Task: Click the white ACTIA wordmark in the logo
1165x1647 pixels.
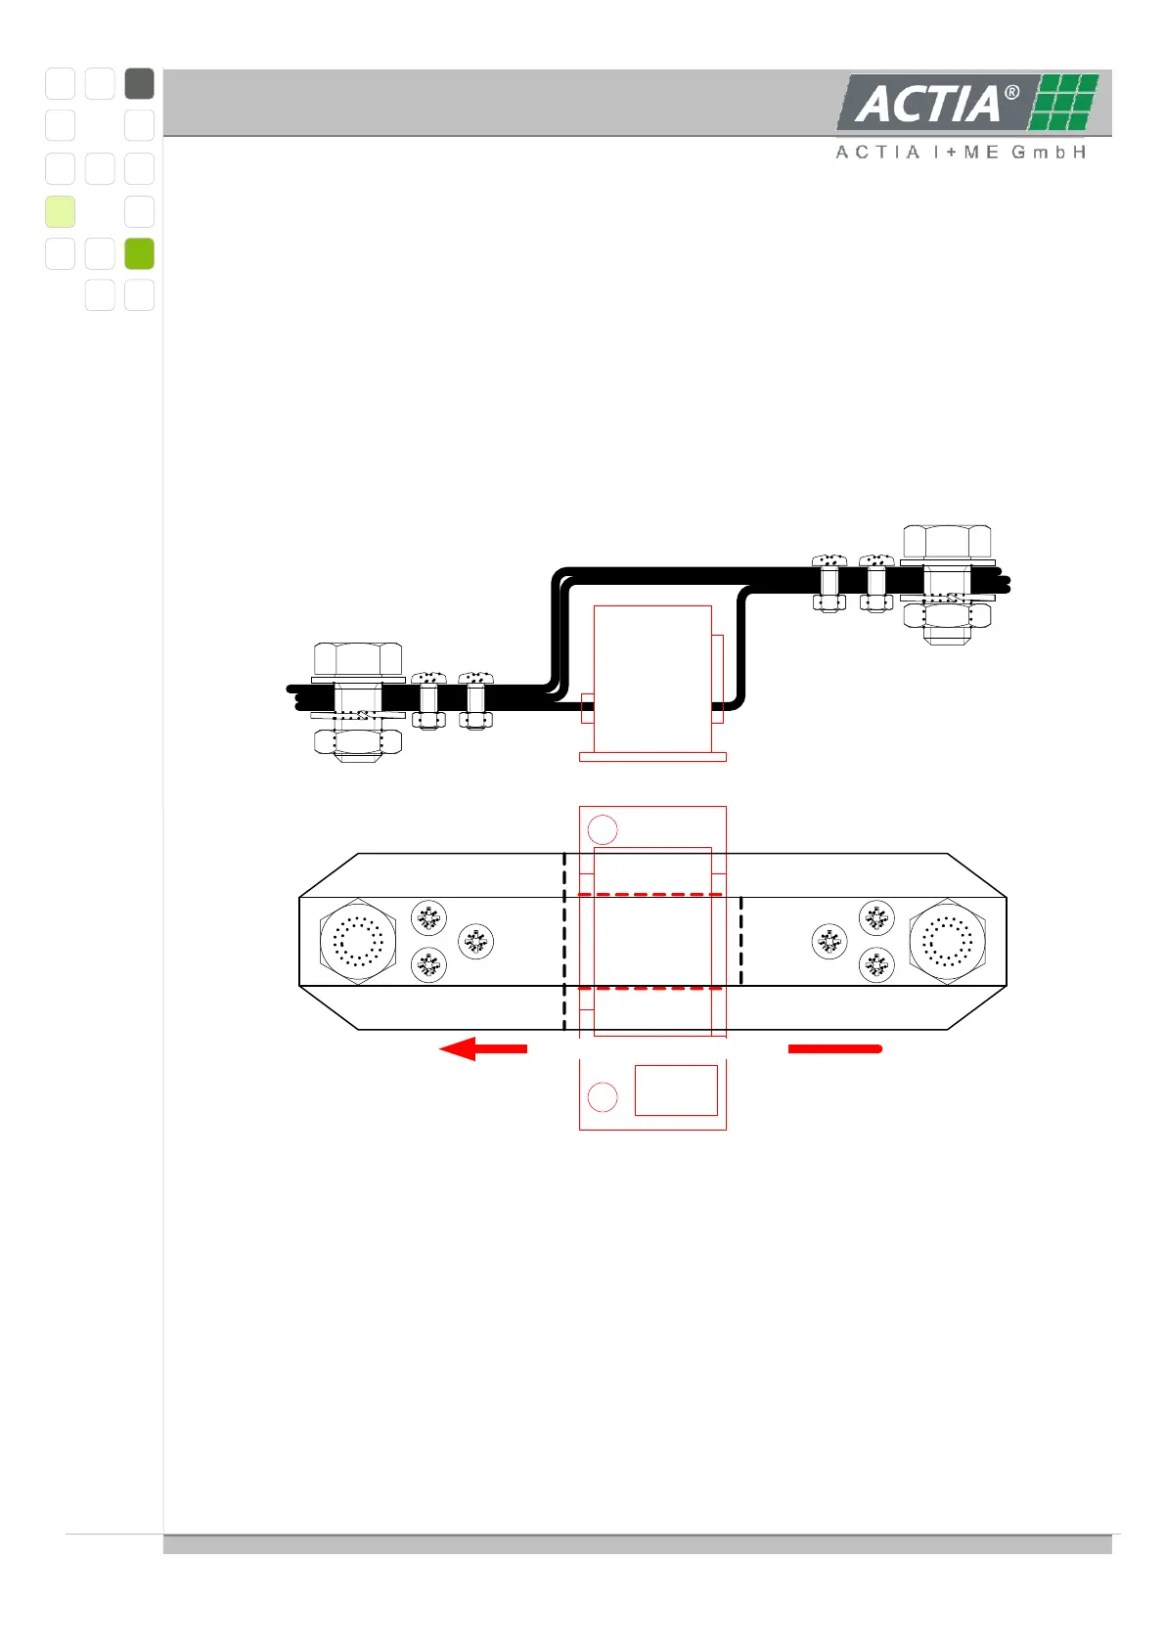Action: pyautogui.click(x=927, y=104)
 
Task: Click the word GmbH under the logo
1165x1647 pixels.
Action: pyautogui.click(x=1049, y=153)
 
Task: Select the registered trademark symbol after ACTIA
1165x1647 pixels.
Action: pyautogui.click(x=1012, y=93)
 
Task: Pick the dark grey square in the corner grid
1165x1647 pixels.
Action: pyautogui.click(x=140, y=84)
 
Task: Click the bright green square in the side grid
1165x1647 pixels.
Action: pyautogui.click(x=140, y=253)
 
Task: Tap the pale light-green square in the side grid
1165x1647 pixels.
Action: pyautogui.click(x=60, y=211)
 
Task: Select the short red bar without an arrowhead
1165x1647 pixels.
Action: pyautogui.click(x=834, y=1048)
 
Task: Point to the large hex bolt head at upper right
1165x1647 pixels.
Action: pyautogui.click(x=947, y=542)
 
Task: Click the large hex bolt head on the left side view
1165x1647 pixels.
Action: pyautogui.click(x=358, y=658)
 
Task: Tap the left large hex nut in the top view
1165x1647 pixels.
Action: pyautogui.click(x=358, y=942)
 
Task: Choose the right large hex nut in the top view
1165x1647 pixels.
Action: pyautogui.click(x=947, y=942)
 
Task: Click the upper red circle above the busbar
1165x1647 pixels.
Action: pyautogui.click(x=603, y=830)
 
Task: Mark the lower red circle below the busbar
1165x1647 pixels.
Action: pyautogui.click(x=603, y=1097)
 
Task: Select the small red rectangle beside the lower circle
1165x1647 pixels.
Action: pyautogui.click(x=676, y=1090)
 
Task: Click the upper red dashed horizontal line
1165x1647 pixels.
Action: pyautogui.click(x=651, y=894)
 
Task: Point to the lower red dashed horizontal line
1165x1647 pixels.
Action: pyautogui.click(x=651, y=988)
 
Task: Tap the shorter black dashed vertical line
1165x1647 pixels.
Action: pyautogui.click(x=740, y=941)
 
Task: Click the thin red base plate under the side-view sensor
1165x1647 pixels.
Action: pyautogui.click(x=652, y=756)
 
